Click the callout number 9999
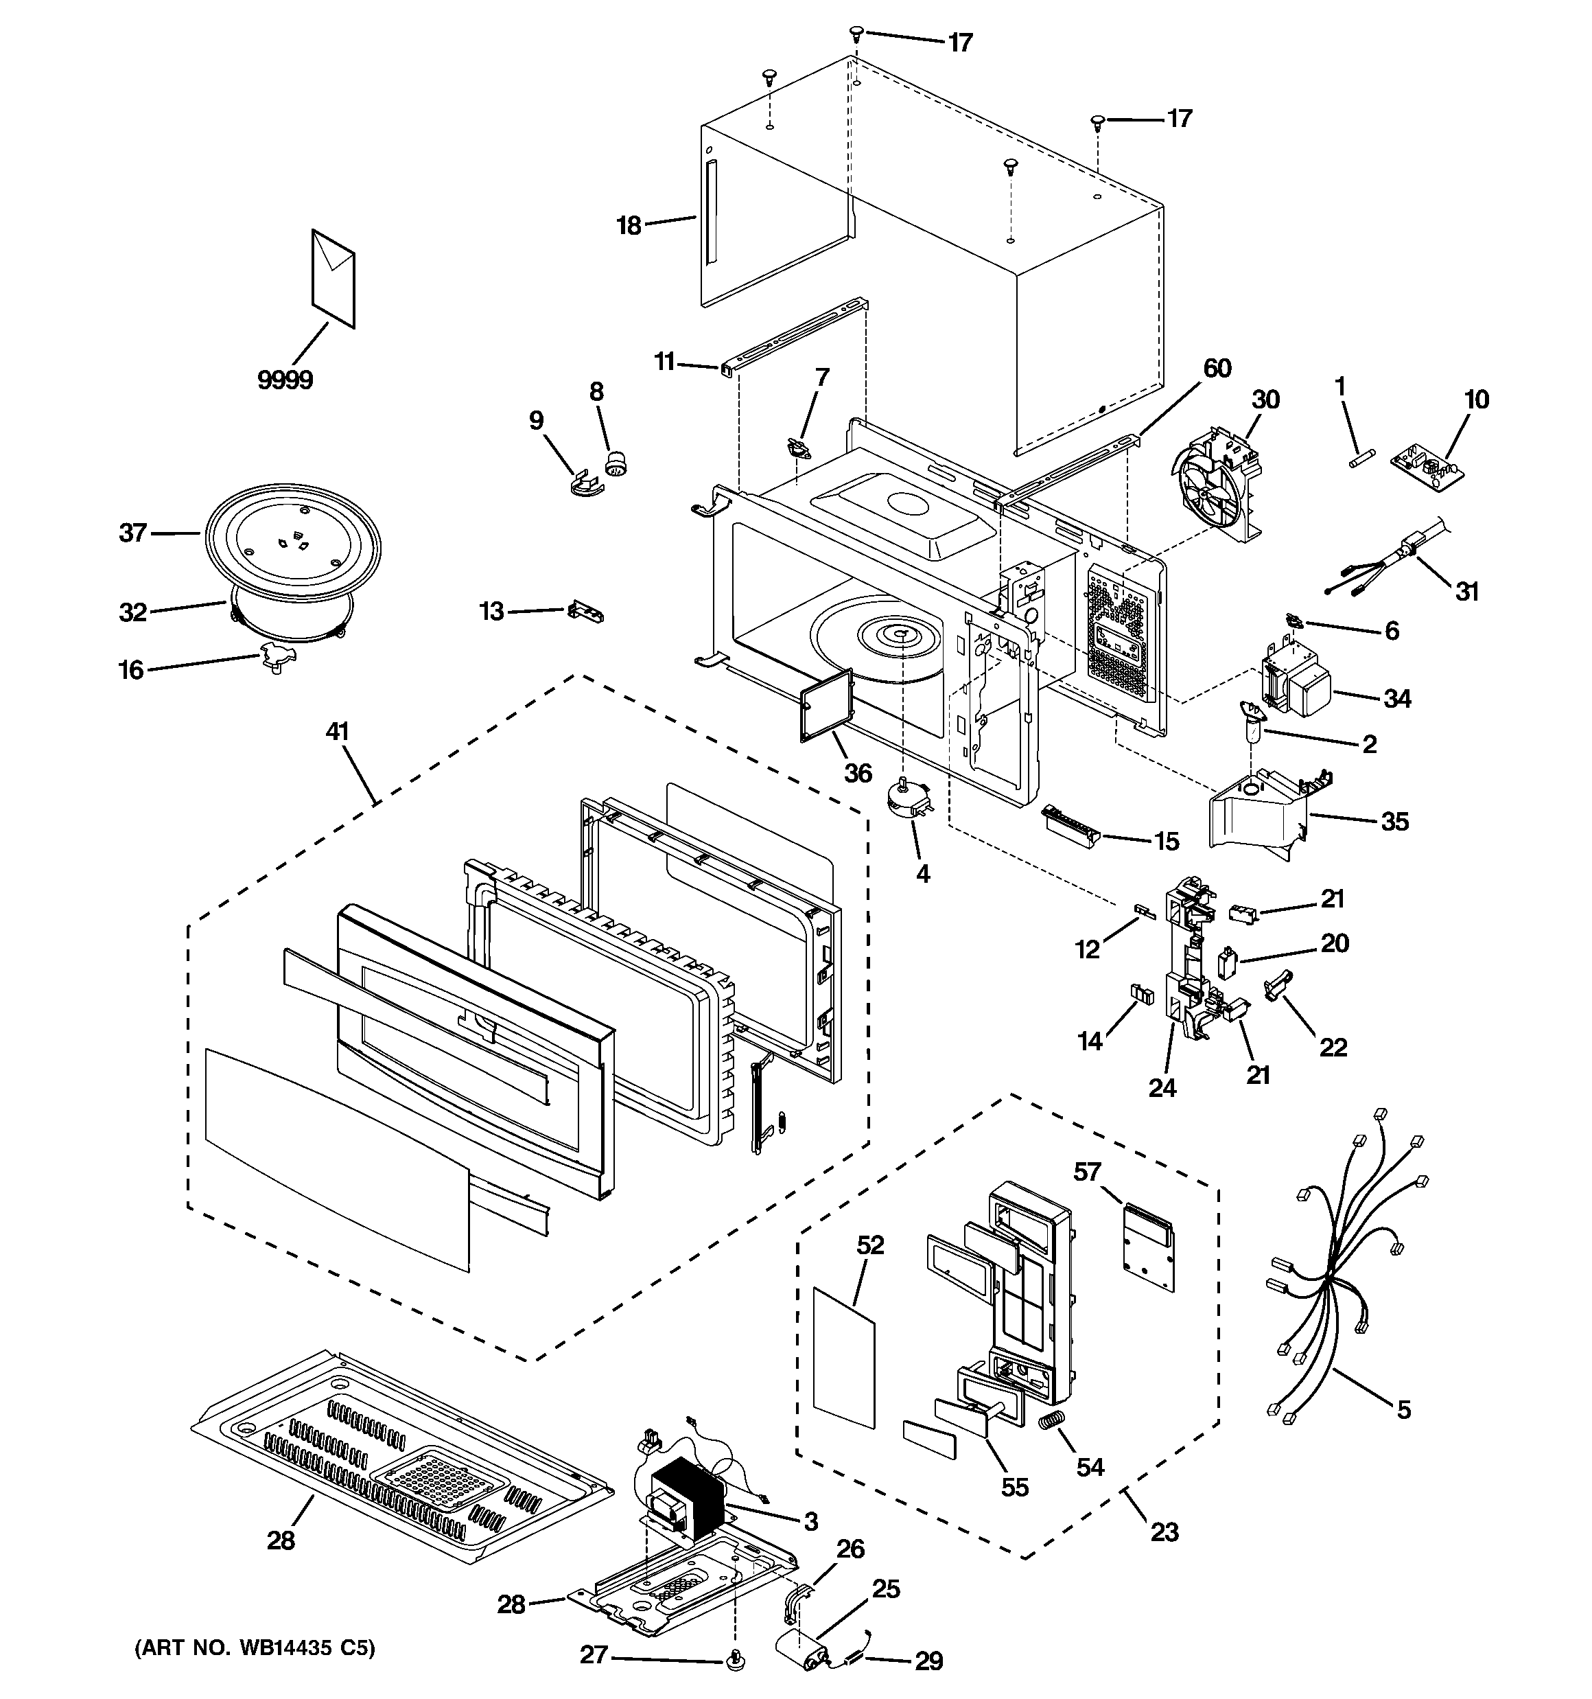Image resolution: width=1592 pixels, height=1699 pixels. coord(285,380)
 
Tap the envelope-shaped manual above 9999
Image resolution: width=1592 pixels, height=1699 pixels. coord(332,278)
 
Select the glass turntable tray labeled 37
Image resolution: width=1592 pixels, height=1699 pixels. coord(293,534)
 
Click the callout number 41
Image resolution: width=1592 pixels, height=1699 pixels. coord(337,732)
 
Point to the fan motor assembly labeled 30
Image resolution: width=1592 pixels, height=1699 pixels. coord(1218,483)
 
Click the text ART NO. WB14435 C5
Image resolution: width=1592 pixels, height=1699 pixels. coord(255,1647)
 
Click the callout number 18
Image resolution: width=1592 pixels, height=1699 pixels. coord(629,226)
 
